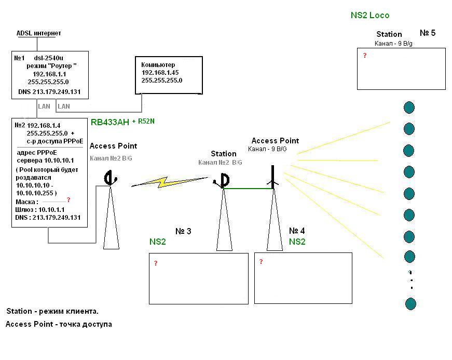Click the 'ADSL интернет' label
(x=38, y=33)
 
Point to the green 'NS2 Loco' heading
(x=369, y=16)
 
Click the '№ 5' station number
(x=427, y=33)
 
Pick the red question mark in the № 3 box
(x=156, y=264)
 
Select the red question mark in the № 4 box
(x=261, y=262)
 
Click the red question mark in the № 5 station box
(x=365, y=56)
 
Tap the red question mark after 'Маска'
(x=69, y=200)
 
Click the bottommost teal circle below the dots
(x=410, y=304)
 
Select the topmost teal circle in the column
(x=409, y=108)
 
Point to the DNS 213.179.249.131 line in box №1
(x=49, y=92)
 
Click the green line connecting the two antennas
(x=248, y=189)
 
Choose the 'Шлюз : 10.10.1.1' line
(x=42, y=209)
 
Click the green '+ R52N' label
(x=143, y=121)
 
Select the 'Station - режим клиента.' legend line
(x=52, y=312)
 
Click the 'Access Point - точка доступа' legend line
(x=59, y=324)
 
